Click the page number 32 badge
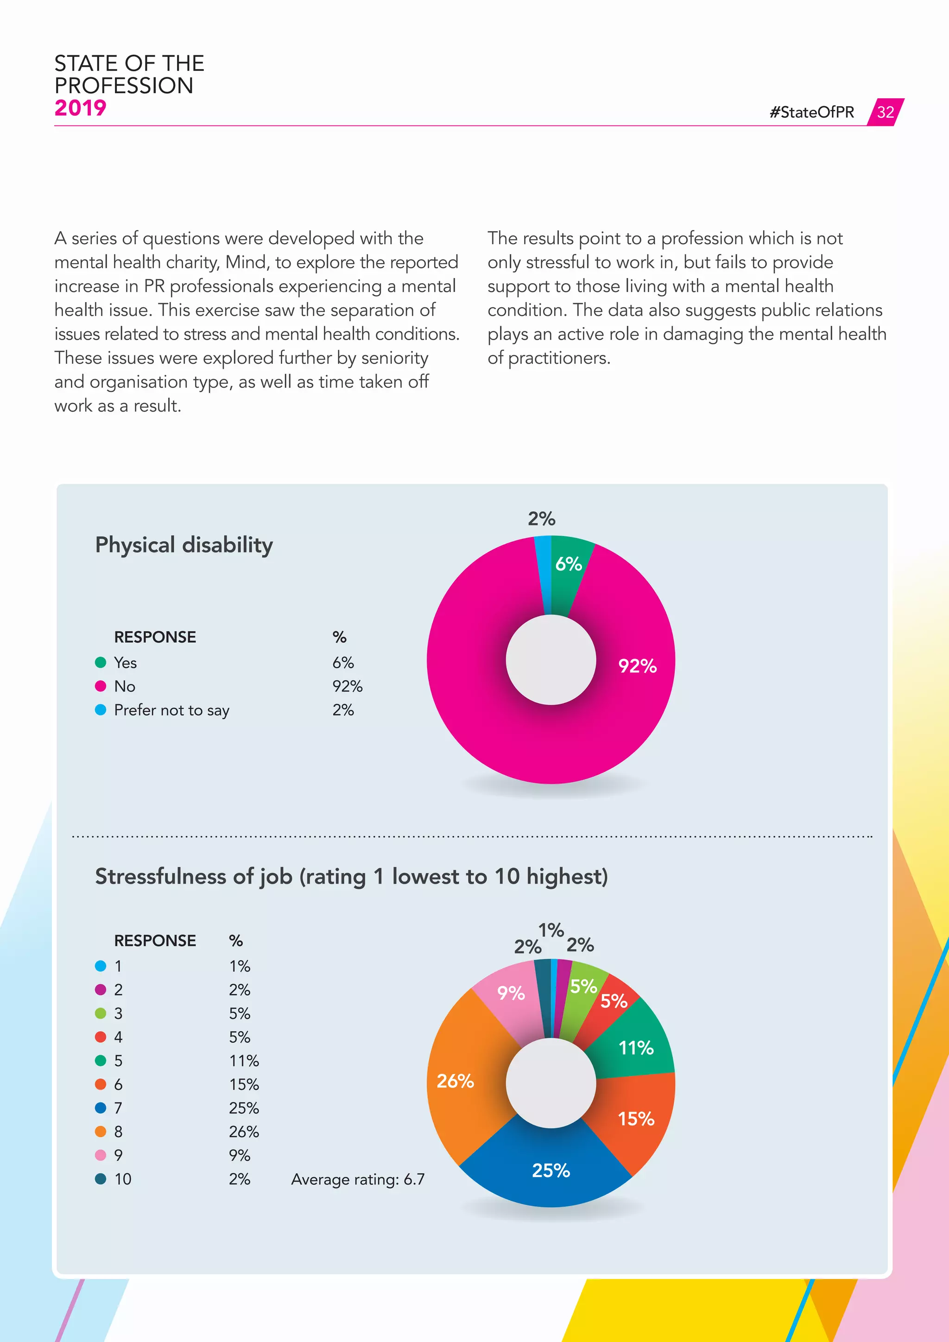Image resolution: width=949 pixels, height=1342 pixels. coord(886,112)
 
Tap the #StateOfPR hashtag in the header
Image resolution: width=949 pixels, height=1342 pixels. coord(812,112)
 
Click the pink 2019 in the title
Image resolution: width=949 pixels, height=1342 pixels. coord(80,108)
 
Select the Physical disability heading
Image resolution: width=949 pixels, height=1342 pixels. coord(184,545)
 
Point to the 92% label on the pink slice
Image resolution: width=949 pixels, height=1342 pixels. coord(638,666)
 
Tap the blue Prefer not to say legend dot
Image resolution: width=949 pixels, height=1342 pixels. coord(101,709)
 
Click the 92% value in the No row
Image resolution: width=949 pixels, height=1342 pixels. coord(347,686)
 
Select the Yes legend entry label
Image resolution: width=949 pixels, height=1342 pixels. coord(125,663)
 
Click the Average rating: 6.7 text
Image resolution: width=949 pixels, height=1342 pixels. coord(358,1179)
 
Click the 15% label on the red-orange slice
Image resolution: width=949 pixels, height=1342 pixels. coord(636,1119)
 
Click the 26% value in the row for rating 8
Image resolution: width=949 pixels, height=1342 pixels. coord(244,1132)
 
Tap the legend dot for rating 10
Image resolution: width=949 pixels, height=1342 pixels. coord(101,1178)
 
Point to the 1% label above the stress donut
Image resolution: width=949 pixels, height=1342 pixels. coord(550,930)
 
